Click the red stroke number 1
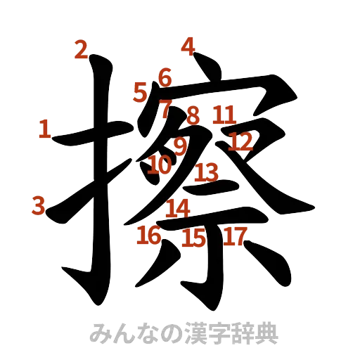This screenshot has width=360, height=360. (45, 129)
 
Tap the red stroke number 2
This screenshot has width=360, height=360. (82, 50)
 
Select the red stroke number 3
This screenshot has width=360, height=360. (38, 205)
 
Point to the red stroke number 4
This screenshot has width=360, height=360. (187, 46)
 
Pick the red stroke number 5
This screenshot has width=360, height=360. (140, 91)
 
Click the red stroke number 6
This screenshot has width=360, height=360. (165, 77)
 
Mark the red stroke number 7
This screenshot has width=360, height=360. (166, 107)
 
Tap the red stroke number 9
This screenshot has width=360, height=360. (180, 146)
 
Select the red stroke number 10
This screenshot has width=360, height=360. (160, 165)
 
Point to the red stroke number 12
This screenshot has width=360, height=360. (240, 142)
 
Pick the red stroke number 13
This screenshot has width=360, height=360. (207, 171)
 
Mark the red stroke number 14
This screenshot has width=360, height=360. (178, 207)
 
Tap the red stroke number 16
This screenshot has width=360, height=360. (149, 236)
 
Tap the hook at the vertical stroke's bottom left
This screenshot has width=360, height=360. (74, 272)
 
